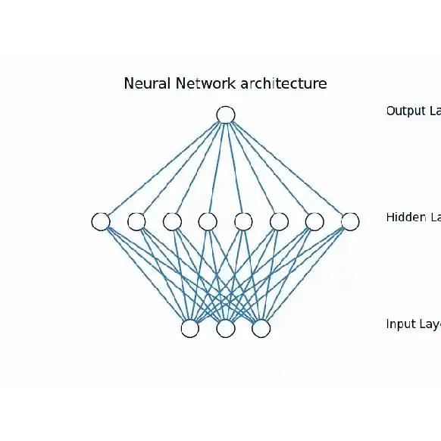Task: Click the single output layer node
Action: coord(225,114)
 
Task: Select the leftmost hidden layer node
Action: coord(101,221)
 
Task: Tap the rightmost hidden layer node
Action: coord(349,221)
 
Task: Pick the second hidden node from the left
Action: coord(136,221)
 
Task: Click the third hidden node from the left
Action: coord(172,221)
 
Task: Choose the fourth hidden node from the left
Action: coord(208,221)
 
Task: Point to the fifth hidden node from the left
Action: coord(243,221)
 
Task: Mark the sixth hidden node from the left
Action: coord(279,221)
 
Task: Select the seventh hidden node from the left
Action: coord(314,221)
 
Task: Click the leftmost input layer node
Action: coord(190,328)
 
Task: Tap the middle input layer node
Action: coord(226,328)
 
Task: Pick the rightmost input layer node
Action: coord(261,328)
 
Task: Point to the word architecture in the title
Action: coord(283,83)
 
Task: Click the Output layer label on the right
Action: coord(413,111)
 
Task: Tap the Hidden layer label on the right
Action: coord(413,217)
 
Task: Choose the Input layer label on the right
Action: coord(413,324)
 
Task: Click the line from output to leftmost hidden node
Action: coord(163,168)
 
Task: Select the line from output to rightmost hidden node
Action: coord(287,168)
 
